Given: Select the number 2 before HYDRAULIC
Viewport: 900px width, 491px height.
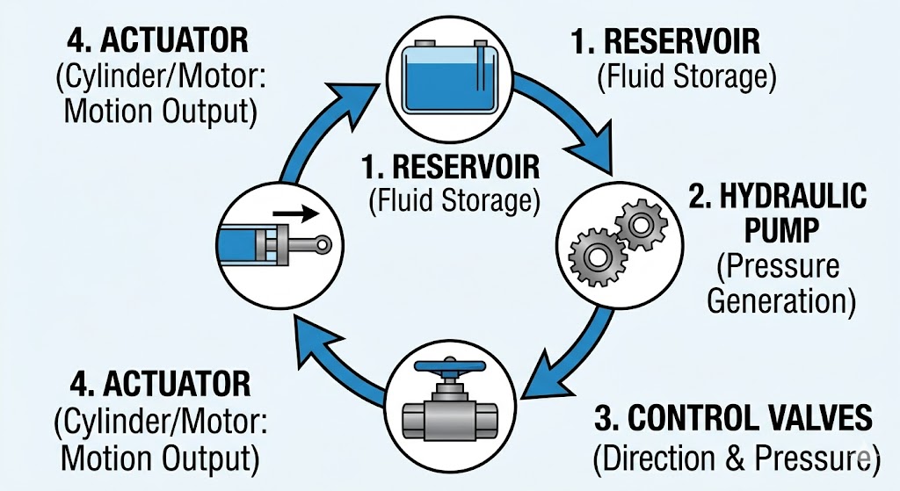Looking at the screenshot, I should [x=699, y=197].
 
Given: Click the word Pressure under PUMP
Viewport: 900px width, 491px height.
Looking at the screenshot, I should [x=780, y=265].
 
